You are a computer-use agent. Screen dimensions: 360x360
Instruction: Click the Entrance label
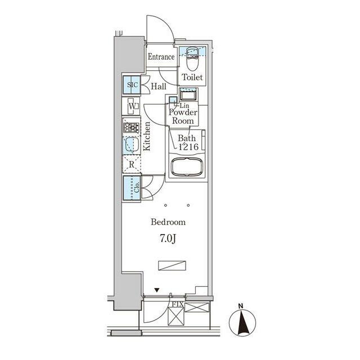click(161, 57)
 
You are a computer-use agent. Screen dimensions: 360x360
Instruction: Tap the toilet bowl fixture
click(192, 59)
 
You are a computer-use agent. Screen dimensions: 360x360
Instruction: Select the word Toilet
click(192, 77)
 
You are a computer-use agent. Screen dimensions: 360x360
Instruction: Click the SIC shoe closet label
click(133, 85)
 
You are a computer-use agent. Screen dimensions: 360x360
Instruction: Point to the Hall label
click(159, 86)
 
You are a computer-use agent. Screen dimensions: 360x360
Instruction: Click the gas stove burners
click(131, 128)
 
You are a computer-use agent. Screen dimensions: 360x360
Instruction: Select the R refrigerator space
click(131, 164)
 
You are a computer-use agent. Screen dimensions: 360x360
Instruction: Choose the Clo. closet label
click(137, 187)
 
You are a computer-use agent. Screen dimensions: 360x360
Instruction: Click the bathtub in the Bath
click(187, 167)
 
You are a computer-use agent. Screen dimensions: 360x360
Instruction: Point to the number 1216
click(188, 146)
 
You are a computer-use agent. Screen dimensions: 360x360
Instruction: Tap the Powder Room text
click(183, 116)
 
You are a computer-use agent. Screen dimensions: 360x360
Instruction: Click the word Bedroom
click(168, 222)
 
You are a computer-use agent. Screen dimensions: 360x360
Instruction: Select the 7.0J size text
click(168, 238)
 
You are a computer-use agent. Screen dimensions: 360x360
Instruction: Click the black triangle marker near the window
click(156, 290)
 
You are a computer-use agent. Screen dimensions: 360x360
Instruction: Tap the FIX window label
click(178, 304)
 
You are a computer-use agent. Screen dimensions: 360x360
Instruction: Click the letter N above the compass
click(241, 306)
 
